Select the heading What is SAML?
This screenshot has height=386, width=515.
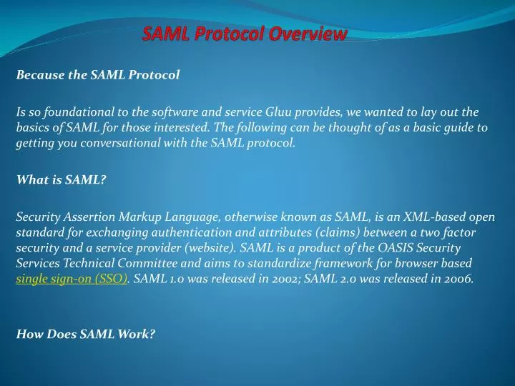pyautogui.click(x=61, y=180)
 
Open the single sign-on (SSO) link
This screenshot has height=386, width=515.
pyautogui.click(x=72, y=279)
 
